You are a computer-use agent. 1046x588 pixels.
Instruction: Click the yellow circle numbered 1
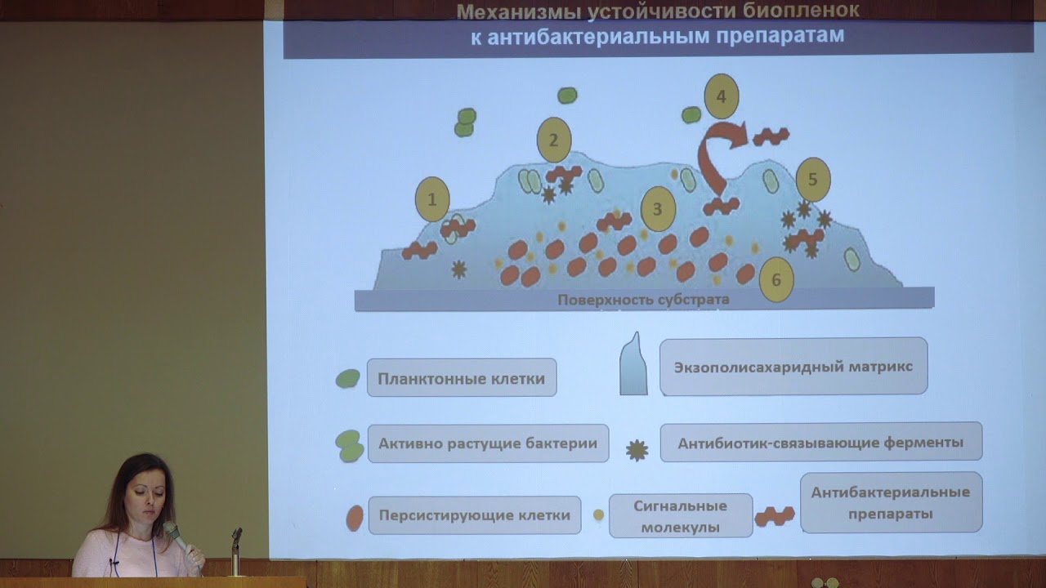(432, 199)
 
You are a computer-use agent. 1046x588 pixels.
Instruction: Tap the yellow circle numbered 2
(553, 140)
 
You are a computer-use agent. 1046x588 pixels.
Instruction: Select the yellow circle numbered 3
(658, 208)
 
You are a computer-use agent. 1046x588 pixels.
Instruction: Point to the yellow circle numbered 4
(721, 96)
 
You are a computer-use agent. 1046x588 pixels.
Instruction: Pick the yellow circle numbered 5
(812, 180)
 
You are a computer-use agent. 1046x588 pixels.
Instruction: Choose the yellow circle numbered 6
(776, 280)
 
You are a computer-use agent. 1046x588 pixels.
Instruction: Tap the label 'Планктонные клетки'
(462, 378)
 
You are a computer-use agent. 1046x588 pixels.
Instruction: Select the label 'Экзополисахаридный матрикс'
(793, 367)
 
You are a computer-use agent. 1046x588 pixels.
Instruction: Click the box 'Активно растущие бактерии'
(488, 443)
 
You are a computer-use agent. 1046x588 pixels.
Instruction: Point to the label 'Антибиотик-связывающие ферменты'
(820, 443)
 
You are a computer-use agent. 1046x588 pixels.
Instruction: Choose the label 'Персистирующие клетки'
(475, 515)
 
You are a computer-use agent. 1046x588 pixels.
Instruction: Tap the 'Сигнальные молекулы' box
(681, 516)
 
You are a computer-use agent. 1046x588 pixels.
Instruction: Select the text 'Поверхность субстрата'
(643, 300)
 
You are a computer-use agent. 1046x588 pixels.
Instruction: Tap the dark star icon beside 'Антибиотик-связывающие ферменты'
(637, 450)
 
